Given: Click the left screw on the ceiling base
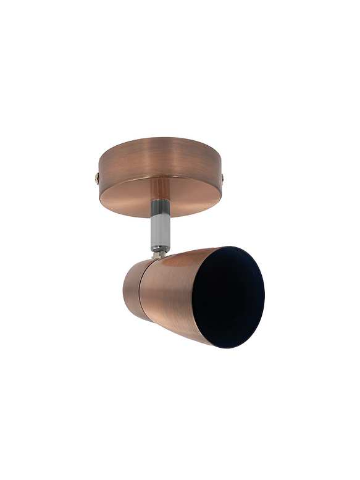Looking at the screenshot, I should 97,179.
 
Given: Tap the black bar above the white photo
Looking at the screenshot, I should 180,30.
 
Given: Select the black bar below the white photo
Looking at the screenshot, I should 180,450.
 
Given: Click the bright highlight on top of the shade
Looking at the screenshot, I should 185,256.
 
